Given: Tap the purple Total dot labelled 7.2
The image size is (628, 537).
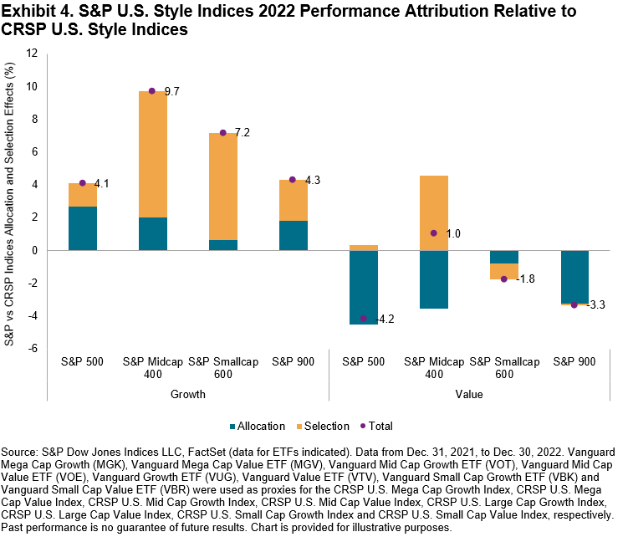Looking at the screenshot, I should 223,133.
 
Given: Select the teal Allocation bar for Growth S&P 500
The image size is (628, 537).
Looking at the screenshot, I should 82,228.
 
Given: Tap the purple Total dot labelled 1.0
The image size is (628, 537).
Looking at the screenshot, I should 434,233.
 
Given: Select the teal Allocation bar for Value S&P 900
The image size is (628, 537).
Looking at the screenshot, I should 574,276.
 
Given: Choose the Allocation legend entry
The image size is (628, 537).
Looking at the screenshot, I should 262,426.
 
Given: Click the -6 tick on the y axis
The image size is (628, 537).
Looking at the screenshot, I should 34,349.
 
